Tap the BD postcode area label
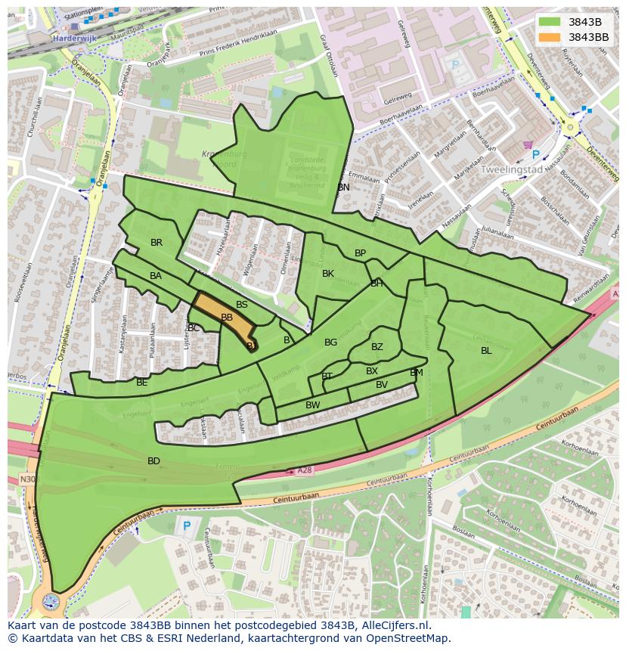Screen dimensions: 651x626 153,460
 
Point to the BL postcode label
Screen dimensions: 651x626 486,350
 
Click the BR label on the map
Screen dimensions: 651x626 156,243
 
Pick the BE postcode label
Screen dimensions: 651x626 142,383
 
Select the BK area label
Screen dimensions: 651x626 328,273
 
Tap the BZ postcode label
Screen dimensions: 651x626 377,347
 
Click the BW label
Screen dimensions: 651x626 313,405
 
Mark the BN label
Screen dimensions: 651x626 344,187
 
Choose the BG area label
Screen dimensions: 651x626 330,343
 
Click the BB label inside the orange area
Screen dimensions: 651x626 227,318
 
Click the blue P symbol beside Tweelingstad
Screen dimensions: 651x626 536,154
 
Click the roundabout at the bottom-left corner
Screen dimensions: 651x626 51,602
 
